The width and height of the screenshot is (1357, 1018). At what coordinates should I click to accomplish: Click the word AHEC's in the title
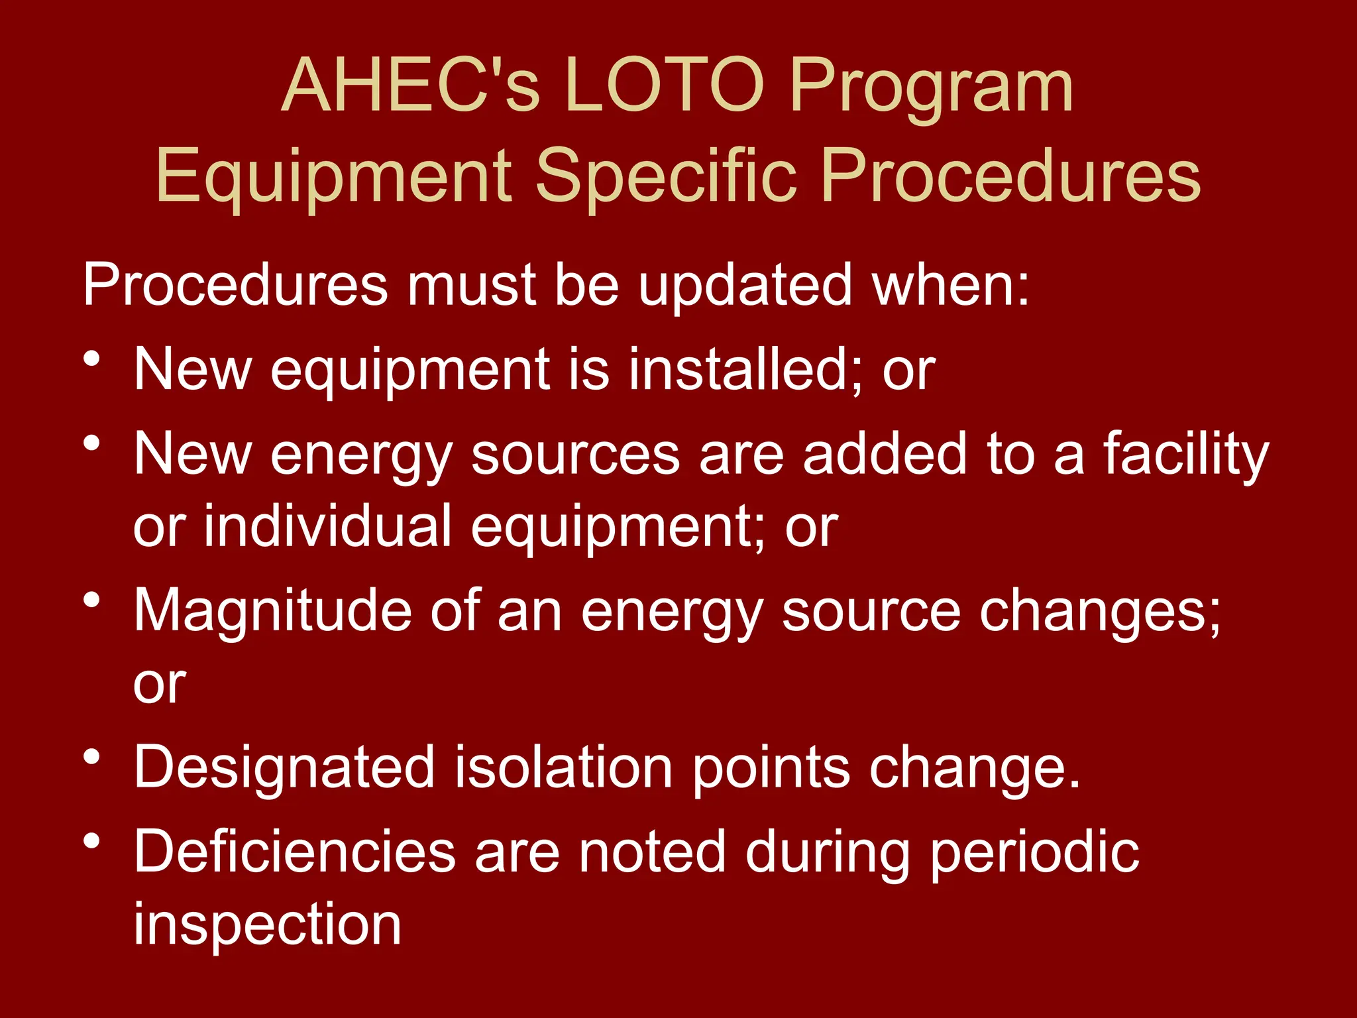[x=410, y=85]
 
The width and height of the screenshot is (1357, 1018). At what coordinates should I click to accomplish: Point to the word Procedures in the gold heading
[x=1010, y=175]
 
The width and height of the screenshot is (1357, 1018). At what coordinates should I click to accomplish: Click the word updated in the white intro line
[x=745, y=285]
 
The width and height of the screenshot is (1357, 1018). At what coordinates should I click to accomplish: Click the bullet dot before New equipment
[x=92, y=359]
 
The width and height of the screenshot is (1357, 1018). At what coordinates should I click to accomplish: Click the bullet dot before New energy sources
[x=92, y=443]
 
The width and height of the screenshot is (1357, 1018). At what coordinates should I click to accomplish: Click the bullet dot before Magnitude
[x=92, y=600]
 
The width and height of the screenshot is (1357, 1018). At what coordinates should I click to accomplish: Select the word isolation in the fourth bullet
[x=563, y=767]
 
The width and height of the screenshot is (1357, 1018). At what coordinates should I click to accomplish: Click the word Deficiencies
[x=295, y=852]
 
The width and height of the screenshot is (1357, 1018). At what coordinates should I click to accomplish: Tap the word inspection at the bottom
[x=268, y=925]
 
